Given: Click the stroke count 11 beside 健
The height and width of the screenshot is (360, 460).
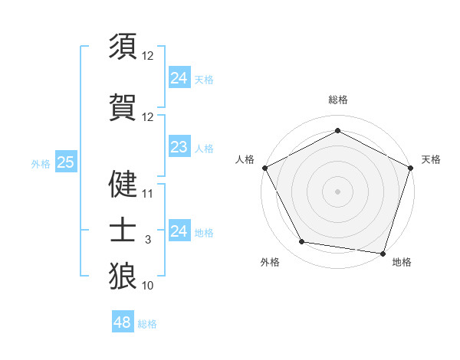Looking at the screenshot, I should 148,194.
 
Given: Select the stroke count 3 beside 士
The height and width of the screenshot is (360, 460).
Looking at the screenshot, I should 148,240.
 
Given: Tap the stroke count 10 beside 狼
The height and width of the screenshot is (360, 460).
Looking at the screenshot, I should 148,286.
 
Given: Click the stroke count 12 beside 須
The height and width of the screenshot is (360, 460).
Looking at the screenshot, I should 148,56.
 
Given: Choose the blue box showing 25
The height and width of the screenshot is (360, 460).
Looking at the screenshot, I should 66,162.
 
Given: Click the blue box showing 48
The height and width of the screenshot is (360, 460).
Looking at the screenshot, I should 122,322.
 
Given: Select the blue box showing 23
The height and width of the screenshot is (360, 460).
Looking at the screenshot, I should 179,147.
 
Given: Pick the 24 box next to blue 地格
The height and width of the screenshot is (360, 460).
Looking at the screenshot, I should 179,231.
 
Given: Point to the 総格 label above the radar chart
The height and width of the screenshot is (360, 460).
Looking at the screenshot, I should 337,100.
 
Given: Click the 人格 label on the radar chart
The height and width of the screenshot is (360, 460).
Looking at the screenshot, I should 245,159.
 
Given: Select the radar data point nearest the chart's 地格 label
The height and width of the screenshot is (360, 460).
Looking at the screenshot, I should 383,253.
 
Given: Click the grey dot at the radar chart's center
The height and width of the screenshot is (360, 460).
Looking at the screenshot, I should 337,191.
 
